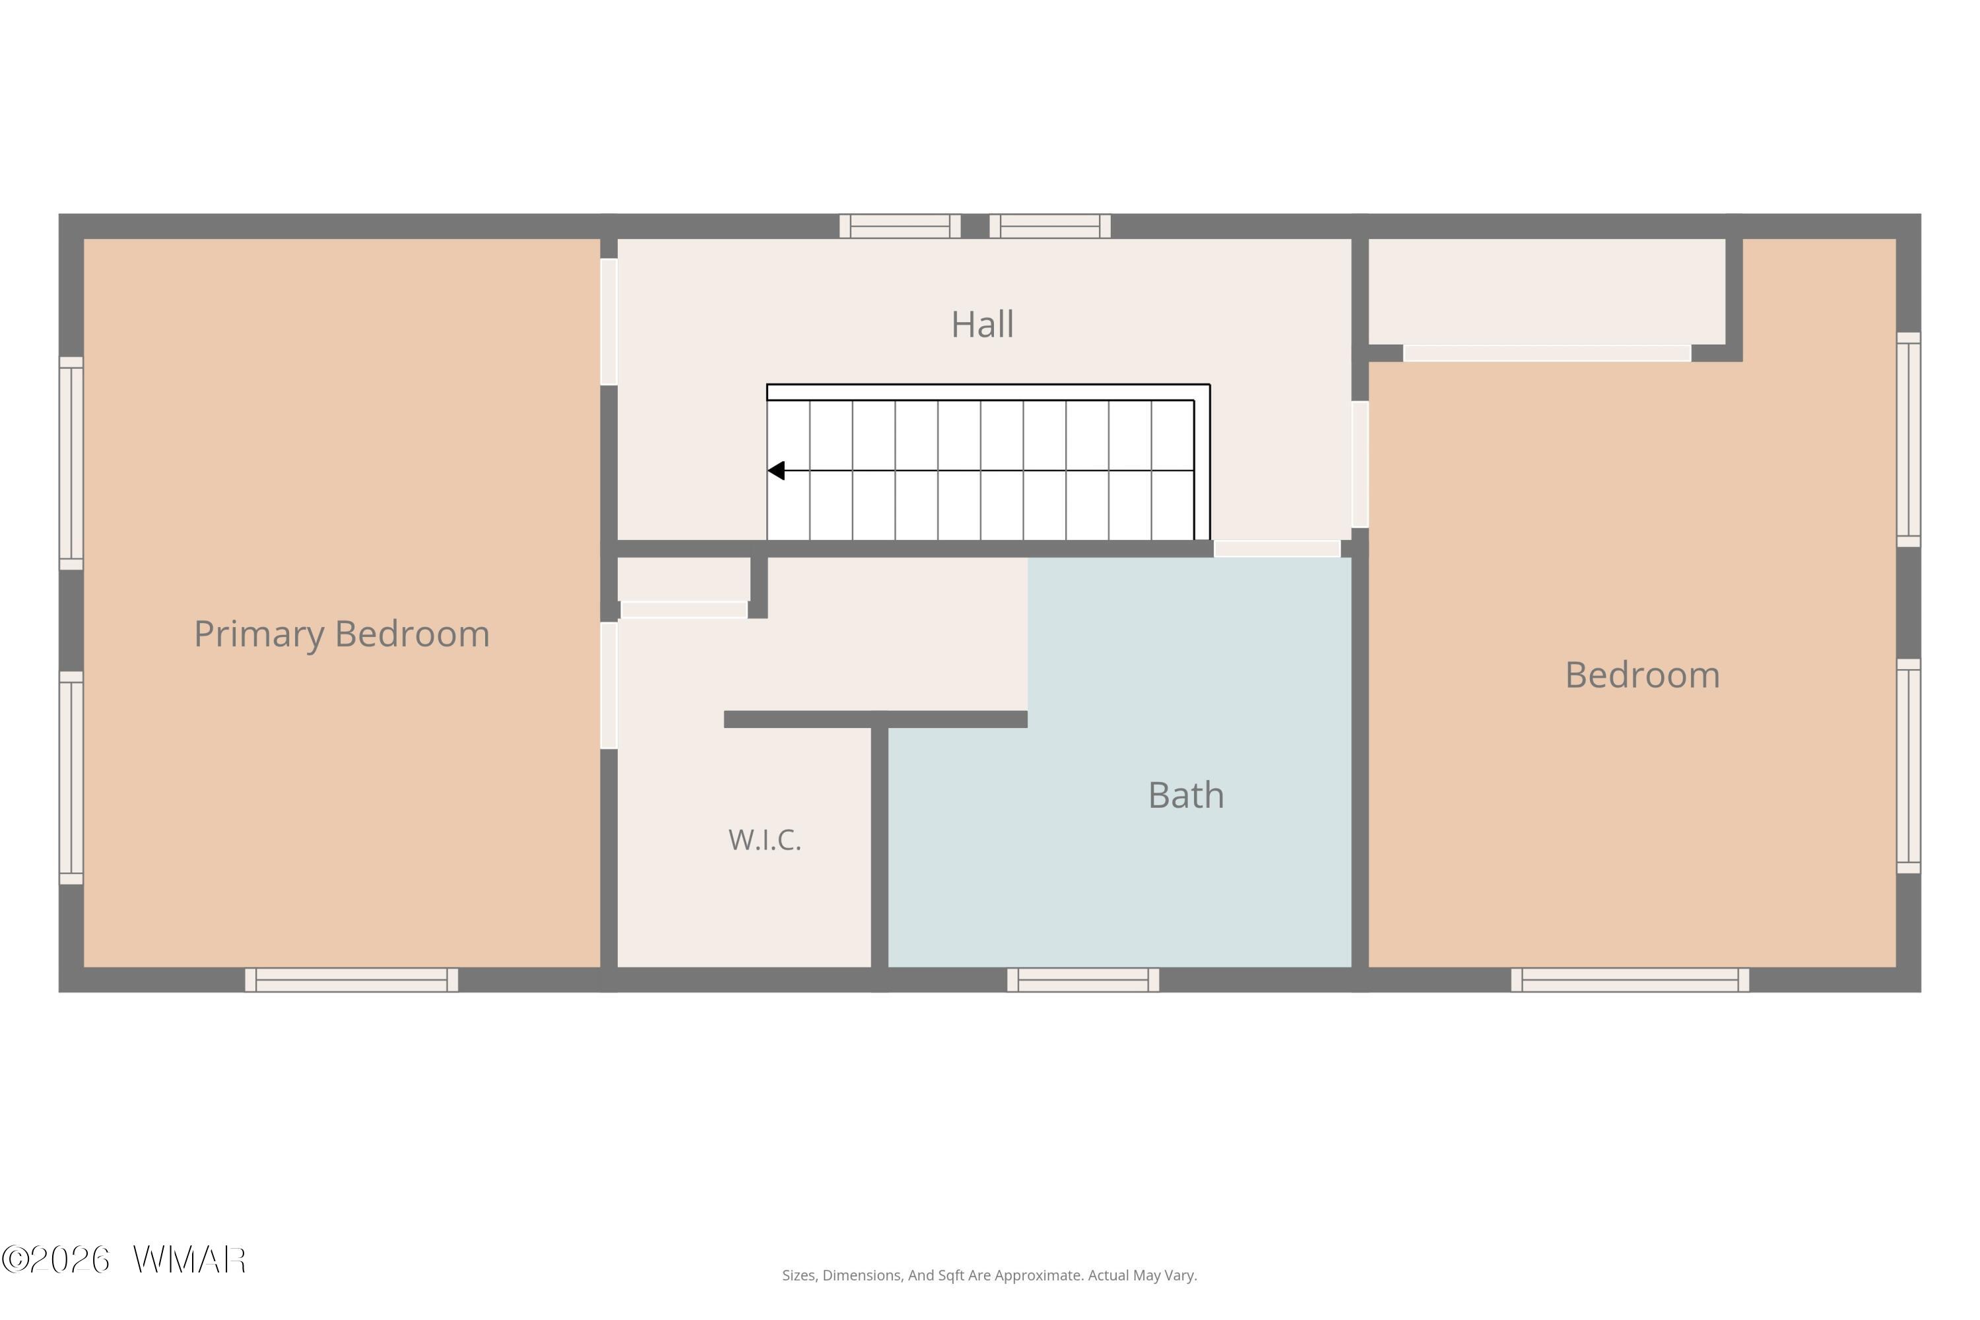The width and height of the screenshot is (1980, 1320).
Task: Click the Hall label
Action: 983,324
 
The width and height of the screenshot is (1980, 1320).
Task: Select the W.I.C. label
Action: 764,840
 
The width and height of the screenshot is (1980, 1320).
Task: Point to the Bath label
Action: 1186,795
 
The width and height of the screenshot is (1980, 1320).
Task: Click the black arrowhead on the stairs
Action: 776,471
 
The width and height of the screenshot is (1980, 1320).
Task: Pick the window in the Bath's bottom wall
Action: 1082,980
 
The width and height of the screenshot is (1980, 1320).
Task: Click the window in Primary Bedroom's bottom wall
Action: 351,980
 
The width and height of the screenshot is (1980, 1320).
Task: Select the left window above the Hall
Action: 900,226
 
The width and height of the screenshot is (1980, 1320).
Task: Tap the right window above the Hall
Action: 1050,226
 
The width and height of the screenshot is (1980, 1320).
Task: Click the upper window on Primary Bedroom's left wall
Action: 71,463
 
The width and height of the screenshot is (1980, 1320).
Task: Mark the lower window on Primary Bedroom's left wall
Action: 71,778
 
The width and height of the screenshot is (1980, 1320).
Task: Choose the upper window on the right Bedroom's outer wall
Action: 1909,440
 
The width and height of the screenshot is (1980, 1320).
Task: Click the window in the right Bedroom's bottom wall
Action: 1630,980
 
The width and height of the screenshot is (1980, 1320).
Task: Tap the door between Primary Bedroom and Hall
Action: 609,321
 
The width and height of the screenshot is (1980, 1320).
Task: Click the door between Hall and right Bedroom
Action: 1360,465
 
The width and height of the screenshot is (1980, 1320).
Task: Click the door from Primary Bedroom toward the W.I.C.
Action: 609,685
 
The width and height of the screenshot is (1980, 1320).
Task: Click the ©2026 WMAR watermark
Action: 124,1260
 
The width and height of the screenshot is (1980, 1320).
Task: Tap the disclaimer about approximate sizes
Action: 989,1275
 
